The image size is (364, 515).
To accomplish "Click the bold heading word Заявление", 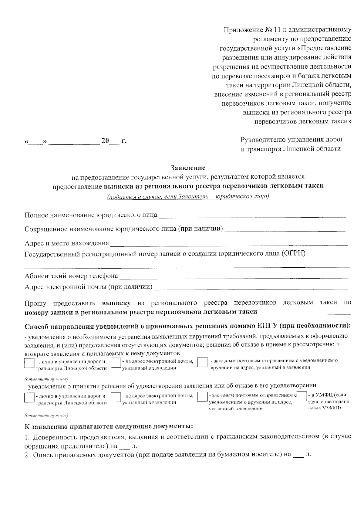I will coord(188,168).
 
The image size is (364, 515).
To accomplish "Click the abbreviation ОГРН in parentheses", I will coord(294,253).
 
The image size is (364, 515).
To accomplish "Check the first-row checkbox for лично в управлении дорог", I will coord(29,363).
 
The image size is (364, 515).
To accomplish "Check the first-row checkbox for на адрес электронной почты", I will coord(116,363).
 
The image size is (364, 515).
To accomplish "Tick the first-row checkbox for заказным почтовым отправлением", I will coord(202,363).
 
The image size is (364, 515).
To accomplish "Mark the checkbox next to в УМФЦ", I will coord(302,397).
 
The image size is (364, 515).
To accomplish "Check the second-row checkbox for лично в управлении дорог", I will coord(29,398).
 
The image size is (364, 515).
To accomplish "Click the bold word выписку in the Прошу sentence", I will coord(116,303).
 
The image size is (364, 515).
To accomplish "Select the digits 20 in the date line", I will coord(105,141).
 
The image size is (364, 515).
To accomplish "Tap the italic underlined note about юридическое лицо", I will coord(188,197).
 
